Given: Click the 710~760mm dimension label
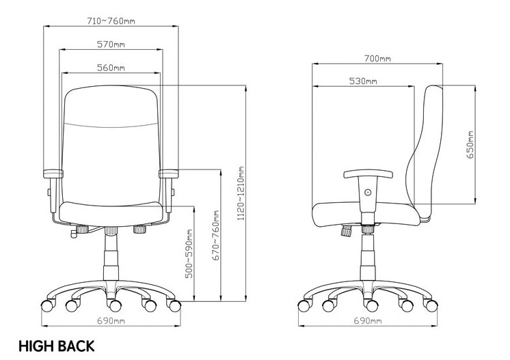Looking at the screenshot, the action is tap(111, 21).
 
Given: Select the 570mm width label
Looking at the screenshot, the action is tap(111, 44).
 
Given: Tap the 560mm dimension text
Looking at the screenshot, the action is tap(111, 68).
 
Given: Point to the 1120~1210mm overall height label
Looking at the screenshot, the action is tap(241, 193).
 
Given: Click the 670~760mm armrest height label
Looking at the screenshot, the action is tap(215, 236).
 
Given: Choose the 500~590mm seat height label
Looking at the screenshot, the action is tap(189, 253).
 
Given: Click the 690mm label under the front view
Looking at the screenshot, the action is tap(111, 321).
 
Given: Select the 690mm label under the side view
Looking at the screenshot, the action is tap(368, 321).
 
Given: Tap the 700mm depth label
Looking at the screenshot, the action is tap(377, 59).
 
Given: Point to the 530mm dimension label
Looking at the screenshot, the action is tap(363, 81).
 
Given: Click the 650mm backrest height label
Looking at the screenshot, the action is tap(470, 145).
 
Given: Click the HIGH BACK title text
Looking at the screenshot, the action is tap(57, 346).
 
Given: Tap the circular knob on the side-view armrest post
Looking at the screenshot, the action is tap(368, 193).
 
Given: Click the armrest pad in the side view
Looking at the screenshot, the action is tap(368, 174).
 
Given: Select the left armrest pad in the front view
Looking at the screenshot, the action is tap(53, 174).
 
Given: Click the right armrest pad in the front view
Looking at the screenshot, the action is tap(169, 174).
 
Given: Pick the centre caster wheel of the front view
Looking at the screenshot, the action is tap(114, 305).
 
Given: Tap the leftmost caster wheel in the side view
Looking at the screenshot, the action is tap(304, 306).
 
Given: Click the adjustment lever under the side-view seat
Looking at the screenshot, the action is tap(346, 231).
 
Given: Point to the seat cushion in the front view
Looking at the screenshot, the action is tap(111, 213).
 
